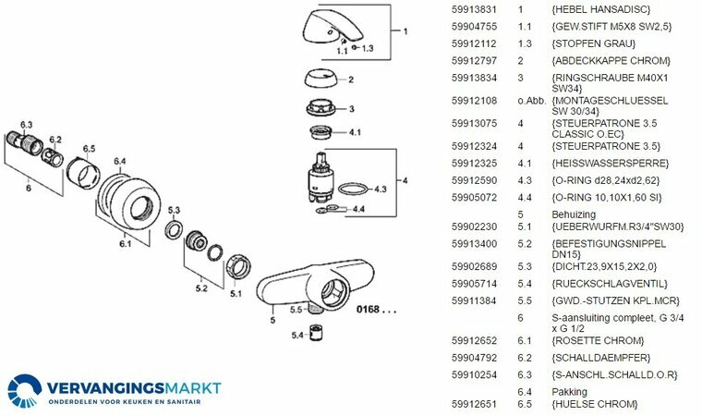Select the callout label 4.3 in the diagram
(381, 189)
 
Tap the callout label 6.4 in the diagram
(119, 161)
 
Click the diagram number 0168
(374, 312)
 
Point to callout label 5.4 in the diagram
(297, 335)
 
